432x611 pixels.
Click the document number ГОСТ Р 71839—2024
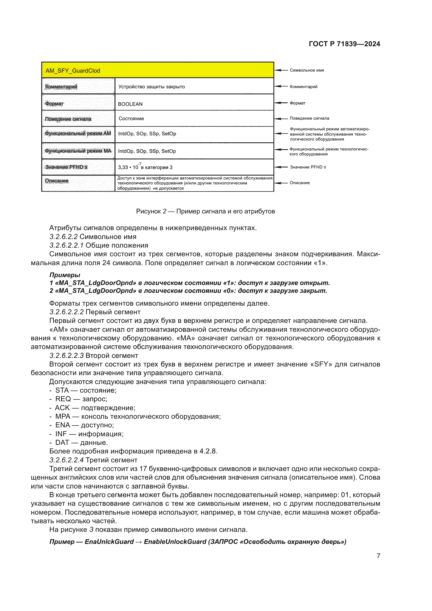point(344,44)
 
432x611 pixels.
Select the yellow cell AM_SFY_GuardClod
point(157,71)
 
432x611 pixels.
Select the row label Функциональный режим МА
point(78,151)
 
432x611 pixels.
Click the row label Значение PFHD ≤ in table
point(67,167)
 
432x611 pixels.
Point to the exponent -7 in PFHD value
point(140,164)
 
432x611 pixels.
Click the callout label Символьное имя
point(307,70)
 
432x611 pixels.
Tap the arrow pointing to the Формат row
point(281,103)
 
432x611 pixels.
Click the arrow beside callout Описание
point(281,183)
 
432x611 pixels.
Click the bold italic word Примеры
point(65,275)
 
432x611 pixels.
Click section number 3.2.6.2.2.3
point(67,356)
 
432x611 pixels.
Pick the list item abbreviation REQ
point(63,399)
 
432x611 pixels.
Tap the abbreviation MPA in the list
point(63,416)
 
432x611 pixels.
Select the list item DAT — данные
point(81,443)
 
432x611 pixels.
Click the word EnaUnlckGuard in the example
point(109,542)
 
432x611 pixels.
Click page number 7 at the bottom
point(378,556)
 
